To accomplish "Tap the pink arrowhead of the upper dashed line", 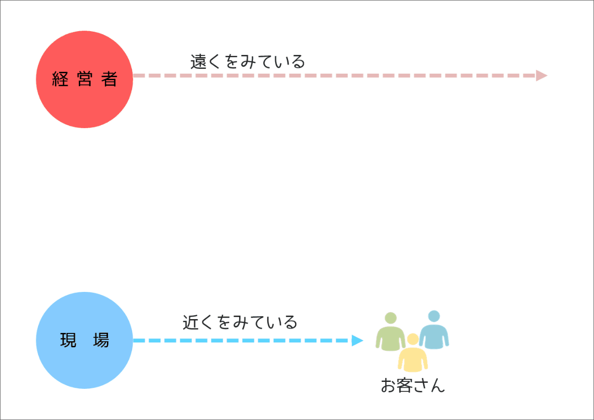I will click(x=542, y=76).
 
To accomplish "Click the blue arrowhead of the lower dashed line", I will click(x=357, y=340).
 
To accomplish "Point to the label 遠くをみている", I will click(x=247, y=62).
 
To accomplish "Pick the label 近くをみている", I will click(x=240, y=322).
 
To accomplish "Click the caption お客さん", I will click(x=413, y=385).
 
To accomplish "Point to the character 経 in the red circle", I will click(x=60, y=79).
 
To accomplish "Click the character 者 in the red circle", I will click(x=109, y=79).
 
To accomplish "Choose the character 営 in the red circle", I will click(x=85, y=79).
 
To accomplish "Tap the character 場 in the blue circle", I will click(x=101, y=340).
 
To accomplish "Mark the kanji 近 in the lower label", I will click(x=191, y=322).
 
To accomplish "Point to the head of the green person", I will click(x=391, y=318).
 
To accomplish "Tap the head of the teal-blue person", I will click(x=434, y=316).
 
